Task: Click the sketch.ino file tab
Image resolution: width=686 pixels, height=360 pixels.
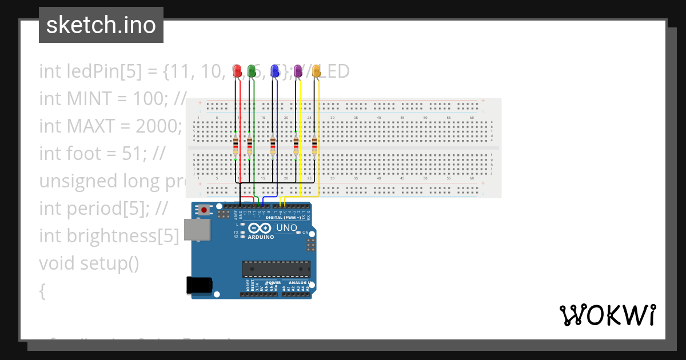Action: (101, 25)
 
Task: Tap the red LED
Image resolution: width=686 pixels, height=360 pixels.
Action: (237, 71)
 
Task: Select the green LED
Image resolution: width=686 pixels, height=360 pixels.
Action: (252, 71)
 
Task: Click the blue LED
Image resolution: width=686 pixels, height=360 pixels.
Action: (275, 71)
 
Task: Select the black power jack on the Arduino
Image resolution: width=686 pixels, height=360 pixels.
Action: (200, 286)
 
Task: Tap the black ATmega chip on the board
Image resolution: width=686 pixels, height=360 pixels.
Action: (276, 269)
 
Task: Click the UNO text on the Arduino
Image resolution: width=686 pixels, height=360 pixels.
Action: (287, 228)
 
